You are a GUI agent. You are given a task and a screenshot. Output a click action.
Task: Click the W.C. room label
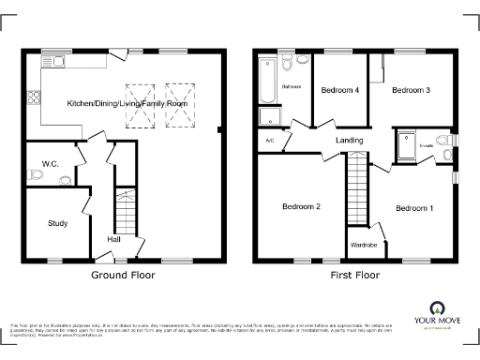pyautogui.click(x=50, y=164)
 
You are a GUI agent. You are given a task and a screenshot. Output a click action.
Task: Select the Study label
pyautogui.click(x=58, y=223)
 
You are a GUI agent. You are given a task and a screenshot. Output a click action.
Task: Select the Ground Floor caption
pyautogui.click(x=123, y=276)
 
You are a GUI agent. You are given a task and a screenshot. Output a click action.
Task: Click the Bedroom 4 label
pyautogui.click(x=339, y=91)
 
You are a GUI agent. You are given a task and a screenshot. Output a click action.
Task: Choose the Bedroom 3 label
pyautogui.click(x=411, y=90)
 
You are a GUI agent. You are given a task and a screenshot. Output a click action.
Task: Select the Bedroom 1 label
pyautogui.click(x=413, y=207)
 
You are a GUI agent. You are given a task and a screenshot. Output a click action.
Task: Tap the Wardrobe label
pyautogui.click(x=363, y=245)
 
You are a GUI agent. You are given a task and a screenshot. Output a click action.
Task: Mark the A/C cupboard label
pyautogui.click(x=270, y=141)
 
